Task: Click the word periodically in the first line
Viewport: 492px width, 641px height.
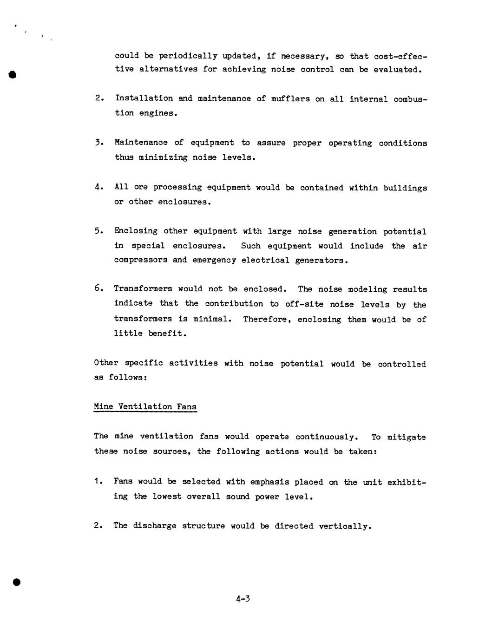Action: click(188, 56)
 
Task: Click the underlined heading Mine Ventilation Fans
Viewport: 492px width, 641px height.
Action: click(145, 407)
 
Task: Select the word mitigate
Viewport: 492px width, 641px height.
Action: click(405, 437)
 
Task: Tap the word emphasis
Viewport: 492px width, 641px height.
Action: click(269, 482)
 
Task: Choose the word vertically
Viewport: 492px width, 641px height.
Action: click(345, 526)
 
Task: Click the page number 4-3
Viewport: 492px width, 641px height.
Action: click(243, 599)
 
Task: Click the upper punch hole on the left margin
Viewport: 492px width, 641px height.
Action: click(13, 75)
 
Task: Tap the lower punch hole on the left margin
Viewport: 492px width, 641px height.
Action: click(17, 582)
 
